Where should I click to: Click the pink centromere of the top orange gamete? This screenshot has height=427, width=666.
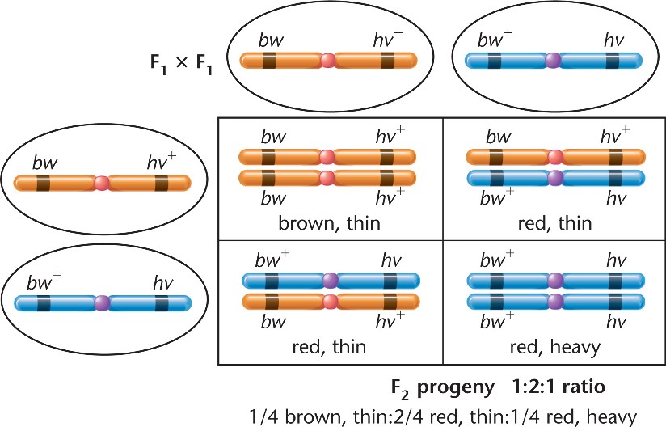click(327, 61)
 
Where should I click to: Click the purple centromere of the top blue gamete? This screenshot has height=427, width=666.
click(553, 61)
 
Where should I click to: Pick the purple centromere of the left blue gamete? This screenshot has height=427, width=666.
click(101, 304)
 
